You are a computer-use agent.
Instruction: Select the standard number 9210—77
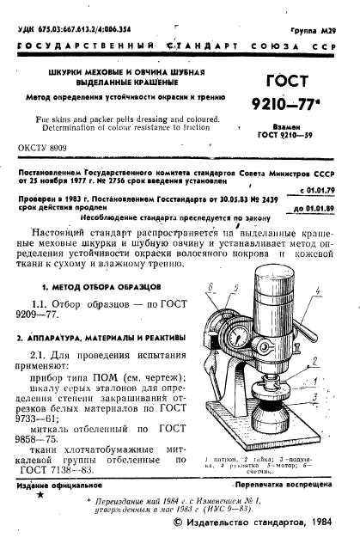292,108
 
